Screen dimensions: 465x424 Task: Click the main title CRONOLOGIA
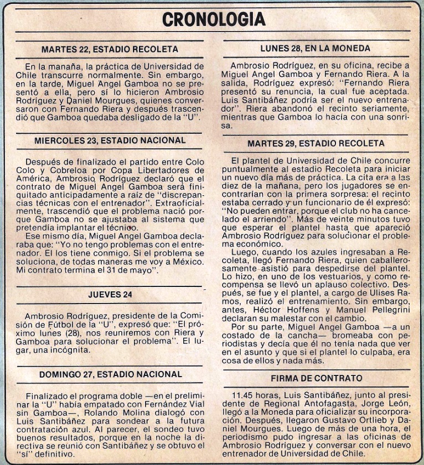click(x=214, y=19)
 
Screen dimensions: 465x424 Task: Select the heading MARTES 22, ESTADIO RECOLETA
click(x=110, y=49)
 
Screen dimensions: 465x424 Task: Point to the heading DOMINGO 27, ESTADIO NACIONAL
click(x=110, y=374)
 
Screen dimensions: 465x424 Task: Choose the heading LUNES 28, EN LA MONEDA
click(x=315, y=48)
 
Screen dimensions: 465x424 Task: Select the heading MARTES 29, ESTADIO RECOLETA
click(x=316, y=143)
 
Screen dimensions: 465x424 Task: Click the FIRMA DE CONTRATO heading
click(x=316, y=378)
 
